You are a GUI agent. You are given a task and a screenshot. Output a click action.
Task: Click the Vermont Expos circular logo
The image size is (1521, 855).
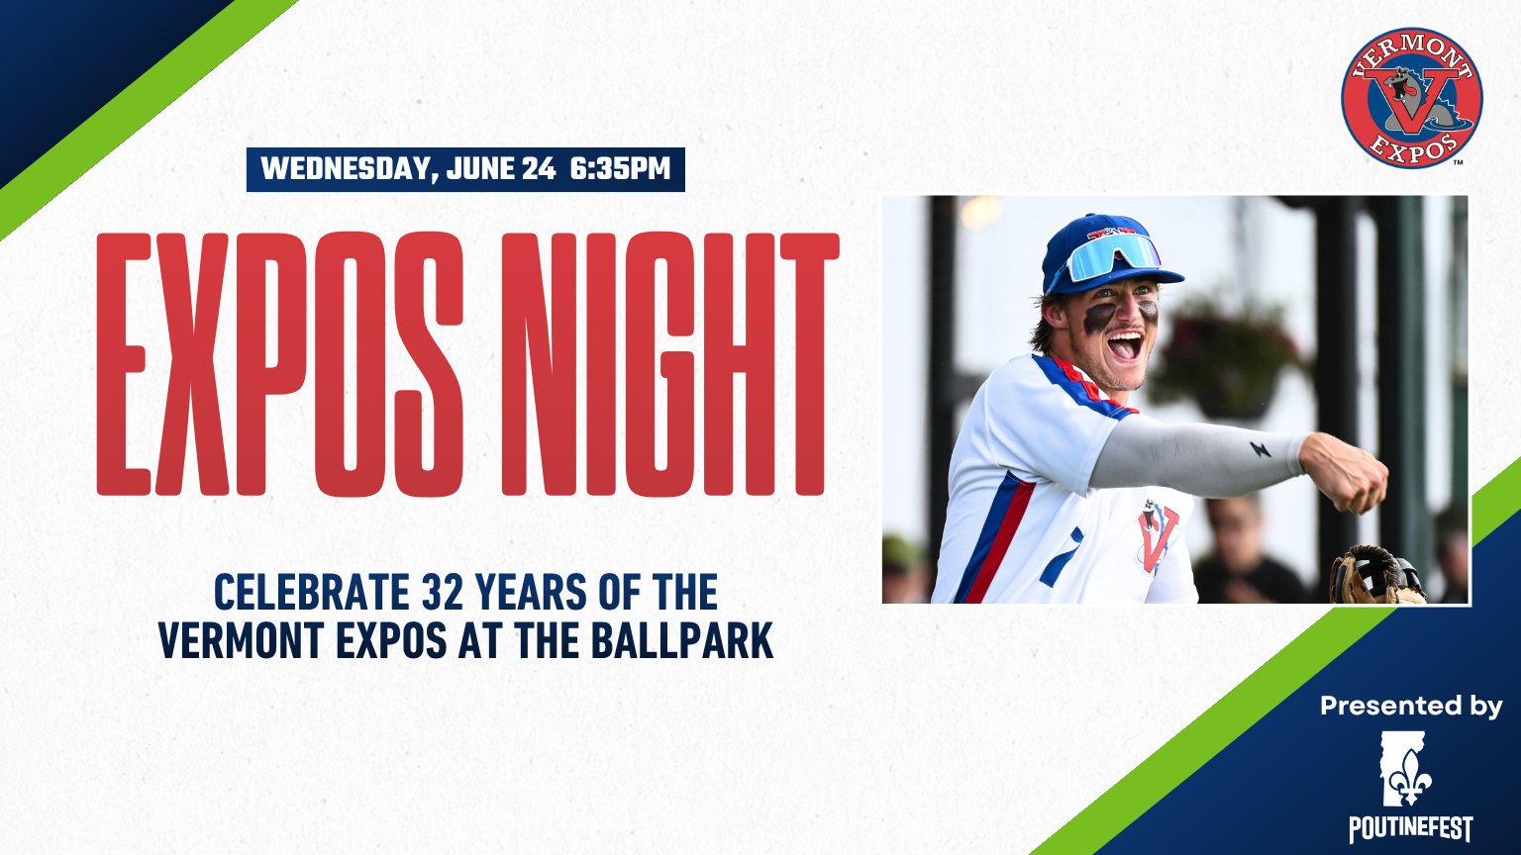1412,98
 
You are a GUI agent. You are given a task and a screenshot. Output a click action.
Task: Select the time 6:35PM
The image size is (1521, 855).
620,168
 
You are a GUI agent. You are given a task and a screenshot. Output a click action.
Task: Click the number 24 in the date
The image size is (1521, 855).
539,168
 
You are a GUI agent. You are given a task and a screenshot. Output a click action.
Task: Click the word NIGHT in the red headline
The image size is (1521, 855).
670,364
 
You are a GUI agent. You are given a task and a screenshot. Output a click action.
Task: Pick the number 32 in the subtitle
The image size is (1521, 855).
442,592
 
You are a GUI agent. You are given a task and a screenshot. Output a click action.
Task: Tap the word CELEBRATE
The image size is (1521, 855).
312,592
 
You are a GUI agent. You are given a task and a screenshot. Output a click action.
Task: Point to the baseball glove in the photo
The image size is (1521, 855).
1376,575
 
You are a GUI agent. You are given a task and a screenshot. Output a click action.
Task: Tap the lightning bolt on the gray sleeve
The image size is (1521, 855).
1260,448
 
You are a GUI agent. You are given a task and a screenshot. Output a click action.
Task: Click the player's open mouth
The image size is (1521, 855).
1125,345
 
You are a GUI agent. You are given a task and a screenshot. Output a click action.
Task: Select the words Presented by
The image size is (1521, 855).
1411,707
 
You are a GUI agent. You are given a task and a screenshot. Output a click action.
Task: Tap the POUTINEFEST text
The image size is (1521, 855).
1410,828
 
